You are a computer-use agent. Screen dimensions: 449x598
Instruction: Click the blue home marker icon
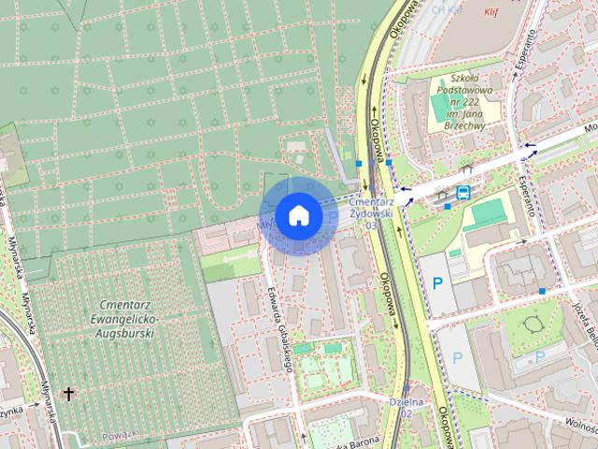(297, 215)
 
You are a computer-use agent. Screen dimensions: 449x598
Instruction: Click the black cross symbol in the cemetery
(68, 395)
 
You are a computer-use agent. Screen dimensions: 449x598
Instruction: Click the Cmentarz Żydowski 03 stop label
(372, 212)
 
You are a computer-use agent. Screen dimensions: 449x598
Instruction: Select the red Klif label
(493, 12)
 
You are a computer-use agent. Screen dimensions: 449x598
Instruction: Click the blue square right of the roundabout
(543, 291)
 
